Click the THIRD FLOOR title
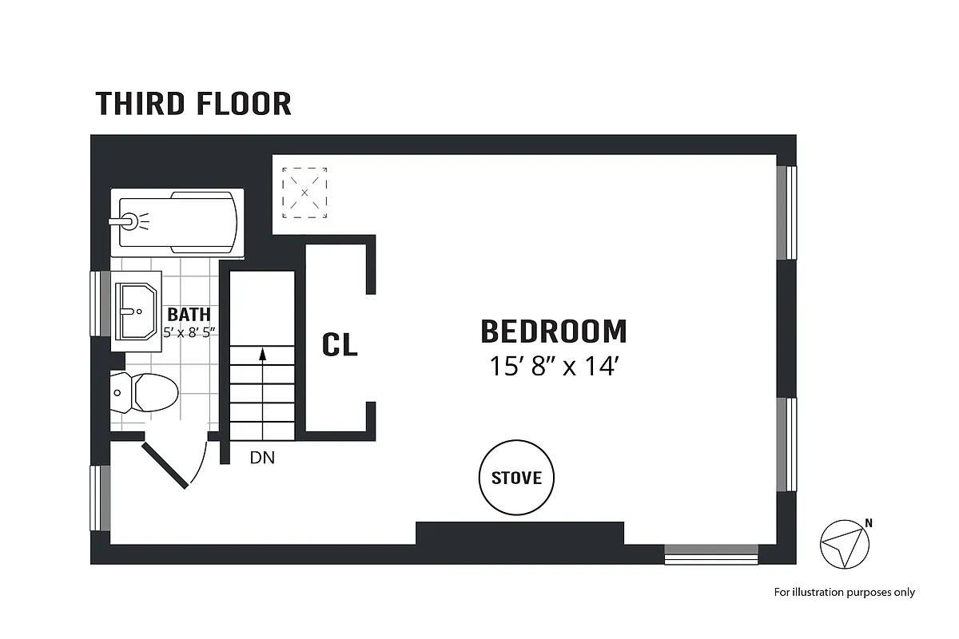[x=193, y=104]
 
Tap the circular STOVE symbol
[x=516, y=478]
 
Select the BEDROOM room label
[x=553, y=331]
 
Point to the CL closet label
[x=340, y=344]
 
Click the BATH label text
[x=189, y=315]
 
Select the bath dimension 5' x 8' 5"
[x=189, y=332]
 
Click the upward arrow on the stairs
[x=262, y=375]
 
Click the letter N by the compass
[x=869, y=524]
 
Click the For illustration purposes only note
[x=844, y=592]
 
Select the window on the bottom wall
[x=711, y=554]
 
